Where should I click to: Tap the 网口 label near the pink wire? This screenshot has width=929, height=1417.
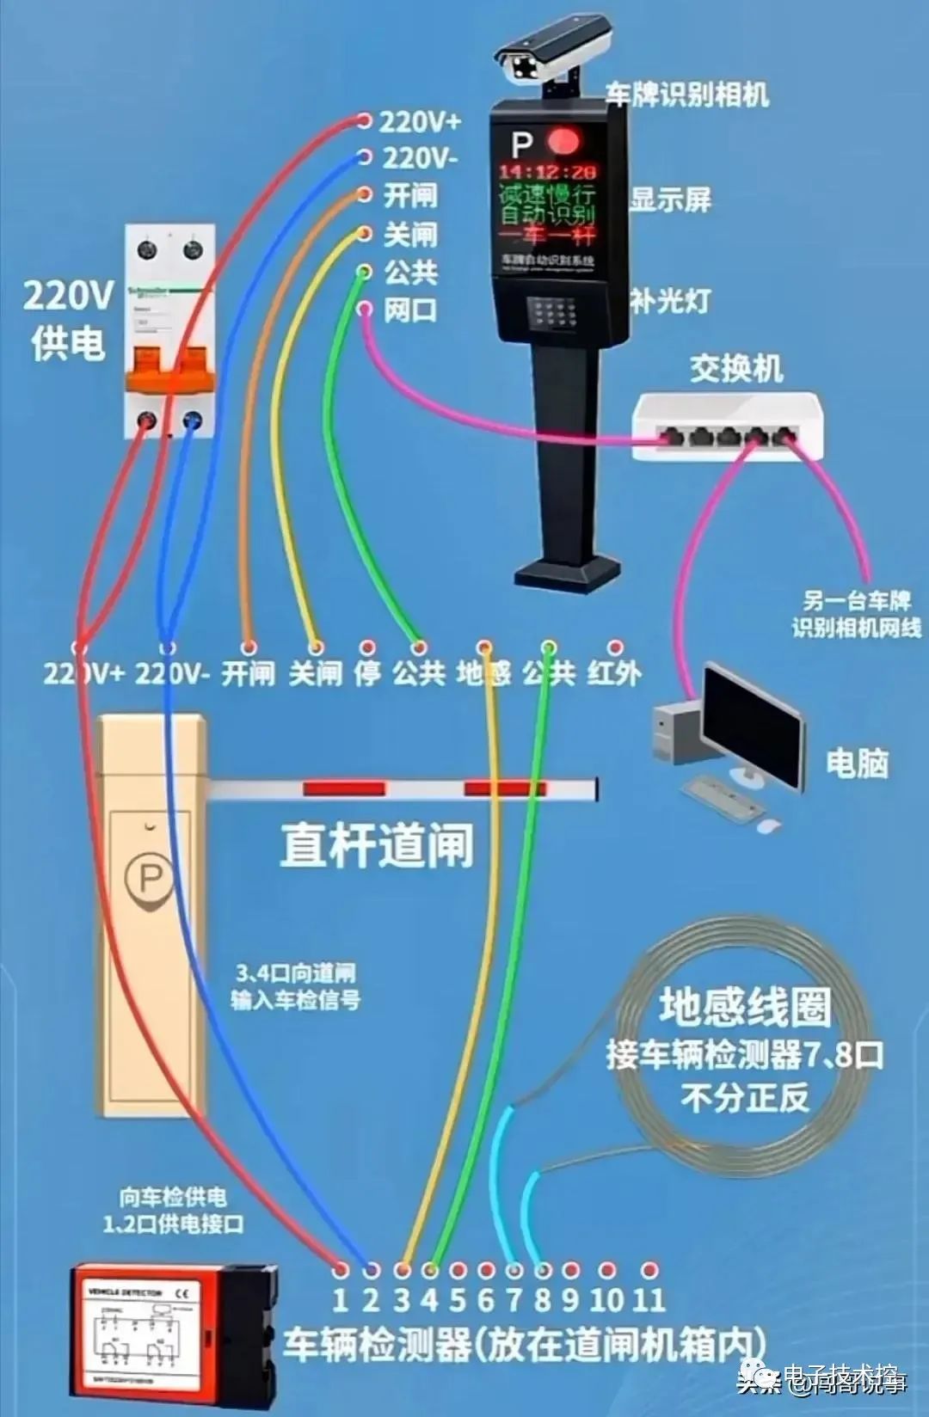(410, 310)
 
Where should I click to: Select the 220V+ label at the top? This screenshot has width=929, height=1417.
(420, 121)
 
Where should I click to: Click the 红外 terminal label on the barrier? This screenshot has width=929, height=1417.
(614, 672)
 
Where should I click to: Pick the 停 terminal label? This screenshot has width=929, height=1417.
(367, 672)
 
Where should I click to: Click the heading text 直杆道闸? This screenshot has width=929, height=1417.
(377, 844)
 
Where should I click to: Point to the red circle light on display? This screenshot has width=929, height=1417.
(564, 140)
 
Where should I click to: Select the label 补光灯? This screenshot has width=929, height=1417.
(670, 300)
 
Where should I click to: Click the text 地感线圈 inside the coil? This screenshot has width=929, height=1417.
(745, 1007)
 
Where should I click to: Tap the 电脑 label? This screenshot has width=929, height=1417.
(857, 763)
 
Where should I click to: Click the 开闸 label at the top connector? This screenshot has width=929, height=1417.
(410, 195)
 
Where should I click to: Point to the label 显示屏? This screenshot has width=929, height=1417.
(670, 199)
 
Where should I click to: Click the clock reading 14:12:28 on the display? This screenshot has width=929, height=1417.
(547, 172)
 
